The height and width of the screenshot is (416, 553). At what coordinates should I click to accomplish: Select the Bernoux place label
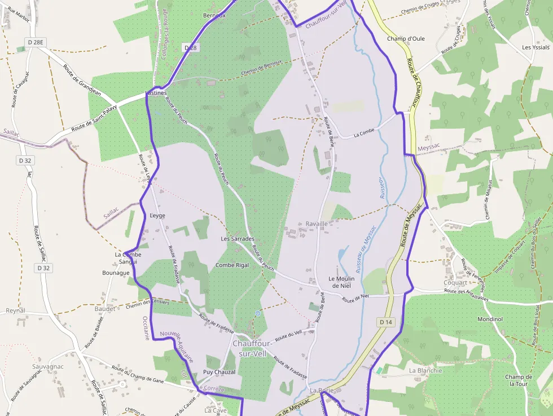tap(214, 15)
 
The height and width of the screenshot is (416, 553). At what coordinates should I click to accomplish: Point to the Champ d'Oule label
tap(406, 39)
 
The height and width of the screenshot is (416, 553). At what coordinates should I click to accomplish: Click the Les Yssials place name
tap(536, 47)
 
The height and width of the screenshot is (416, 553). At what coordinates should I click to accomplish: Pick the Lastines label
tap(156, 93)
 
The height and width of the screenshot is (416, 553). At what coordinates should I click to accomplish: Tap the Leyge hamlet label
tap(158, 216)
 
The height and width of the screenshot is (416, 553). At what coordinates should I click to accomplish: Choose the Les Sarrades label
tap(238, 239)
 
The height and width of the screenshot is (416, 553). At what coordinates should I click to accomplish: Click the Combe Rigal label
tap(232, 265)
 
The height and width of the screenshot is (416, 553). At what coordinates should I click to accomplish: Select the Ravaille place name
tap(317, 224)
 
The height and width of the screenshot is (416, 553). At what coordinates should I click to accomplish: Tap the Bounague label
tap(116, 273)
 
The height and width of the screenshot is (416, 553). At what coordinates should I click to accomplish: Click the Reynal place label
tap(15, 310)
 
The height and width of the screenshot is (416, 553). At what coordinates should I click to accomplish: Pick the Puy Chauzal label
tap(219, 373)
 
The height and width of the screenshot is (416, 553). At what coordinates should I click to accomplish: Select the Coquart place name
tap(455, 282)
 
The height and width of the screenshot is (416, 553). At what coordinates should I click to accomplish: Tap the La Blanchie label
tap(425, 370)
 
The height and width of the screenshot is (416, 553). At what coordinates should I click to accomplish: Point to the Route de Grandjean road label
tap(81, 80)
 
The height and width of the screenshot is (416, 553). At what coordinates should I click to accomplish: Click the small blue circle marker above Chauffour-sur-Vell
tap(257, 313)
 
